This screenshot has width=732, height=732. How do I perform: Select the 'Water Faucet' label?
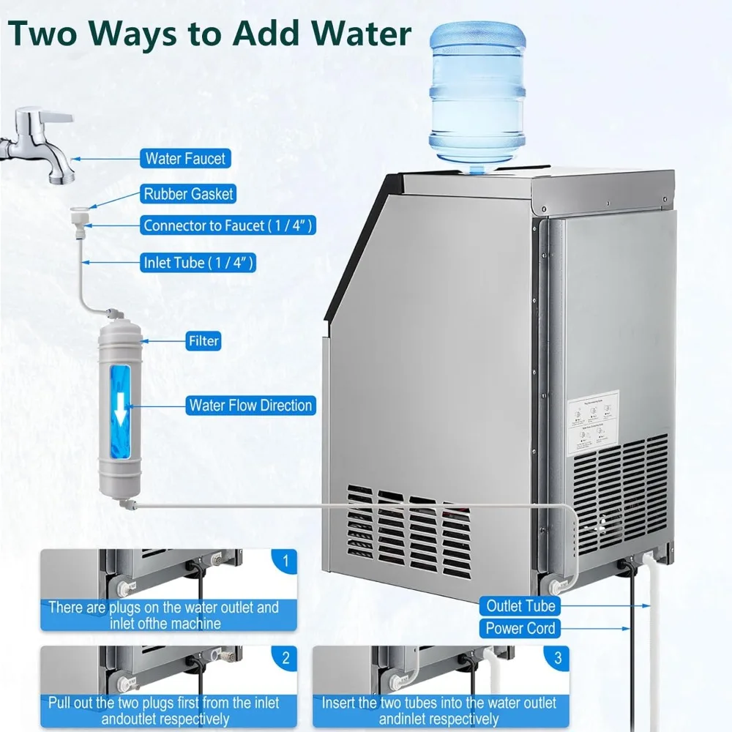(x=185, y=158)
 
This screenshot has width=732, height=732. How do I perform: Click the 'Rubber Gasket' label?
(x=188, y=194)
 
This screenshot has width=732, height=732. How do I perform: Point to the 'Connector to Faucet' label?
(x=228, y=225)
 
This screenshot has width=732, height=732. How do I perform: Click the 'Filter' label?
(x=203, y=341)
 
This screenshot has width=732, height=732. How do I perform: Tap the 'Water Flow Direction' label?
(x=250, y=405)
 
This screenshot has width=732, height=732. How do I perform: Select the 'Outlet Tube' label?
(x=520, y=606)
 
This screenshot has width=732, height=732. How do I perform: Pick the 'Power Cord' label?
(x=520, y=628)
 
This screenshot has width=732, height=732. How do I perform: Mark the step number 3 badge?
(x=558, y=657)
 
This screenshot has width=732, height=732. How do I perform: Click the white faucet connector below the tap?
(x=80, y=219)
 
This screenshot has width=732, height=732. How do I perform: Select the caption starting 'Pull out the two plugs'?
(x=164, y=711)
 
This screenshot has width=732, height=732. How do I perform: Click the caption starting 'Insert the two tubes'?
(x=438, y=711)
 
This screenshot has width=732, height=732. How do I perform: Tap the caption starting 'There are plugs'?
(x=164, y=616)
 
